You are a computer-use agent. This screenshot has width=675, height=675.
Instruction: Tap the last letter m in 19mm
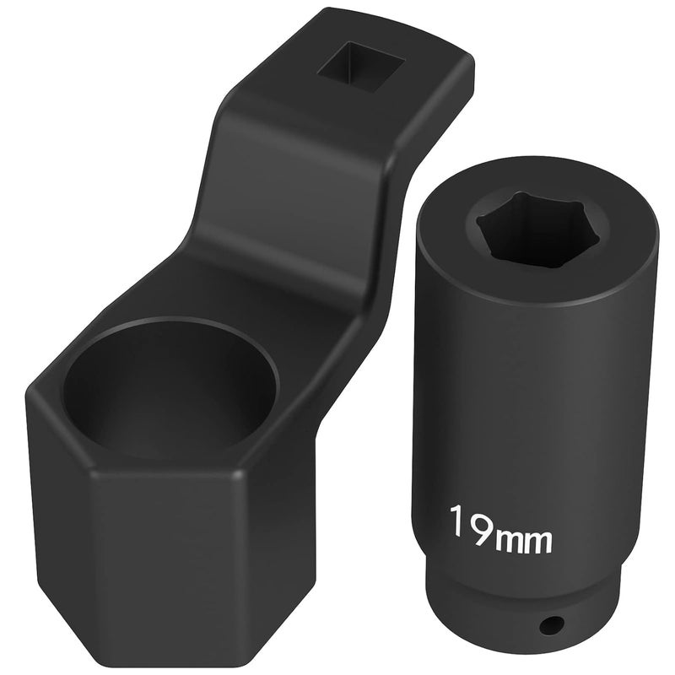coord(542,541)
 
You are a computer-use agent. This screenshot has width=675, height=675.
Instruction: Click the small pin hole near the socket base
coord(551,624)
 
